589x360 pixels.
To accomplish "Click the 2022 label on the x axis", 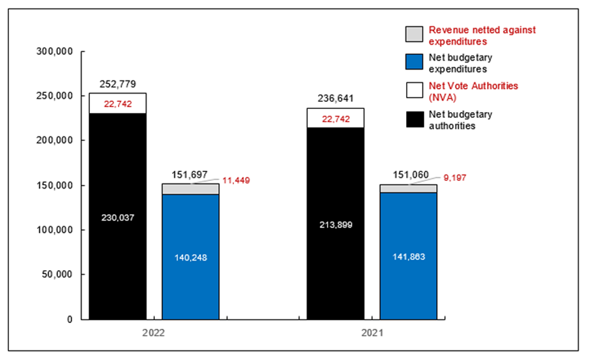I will point(154,333).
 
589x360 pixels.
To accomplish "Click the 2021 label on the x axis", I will point(372,333).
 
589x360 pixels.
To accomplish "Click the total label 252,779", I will point(117,84).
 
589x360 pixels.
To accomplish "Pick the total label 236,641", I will point(335,99).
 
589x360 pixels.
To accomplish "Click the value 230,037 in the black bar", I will point(117,217).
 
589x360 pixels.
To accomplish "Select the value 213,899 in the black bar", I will point(335,224).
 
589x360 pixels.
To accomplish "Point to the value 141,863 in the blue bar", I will point(409,257).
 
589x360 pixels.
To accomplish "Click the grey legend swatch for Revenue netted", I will point(414,34).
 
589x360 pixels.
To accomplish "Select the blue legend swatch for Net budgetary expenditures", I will point(414,62).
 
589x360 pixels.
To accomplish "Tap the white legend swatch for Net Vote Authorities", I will point(414,90).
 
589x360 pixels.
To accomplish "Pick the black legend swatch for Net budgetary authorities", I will point(414,119).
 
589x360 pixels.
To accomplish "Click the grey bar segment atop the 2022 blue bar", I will point(191,189).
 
